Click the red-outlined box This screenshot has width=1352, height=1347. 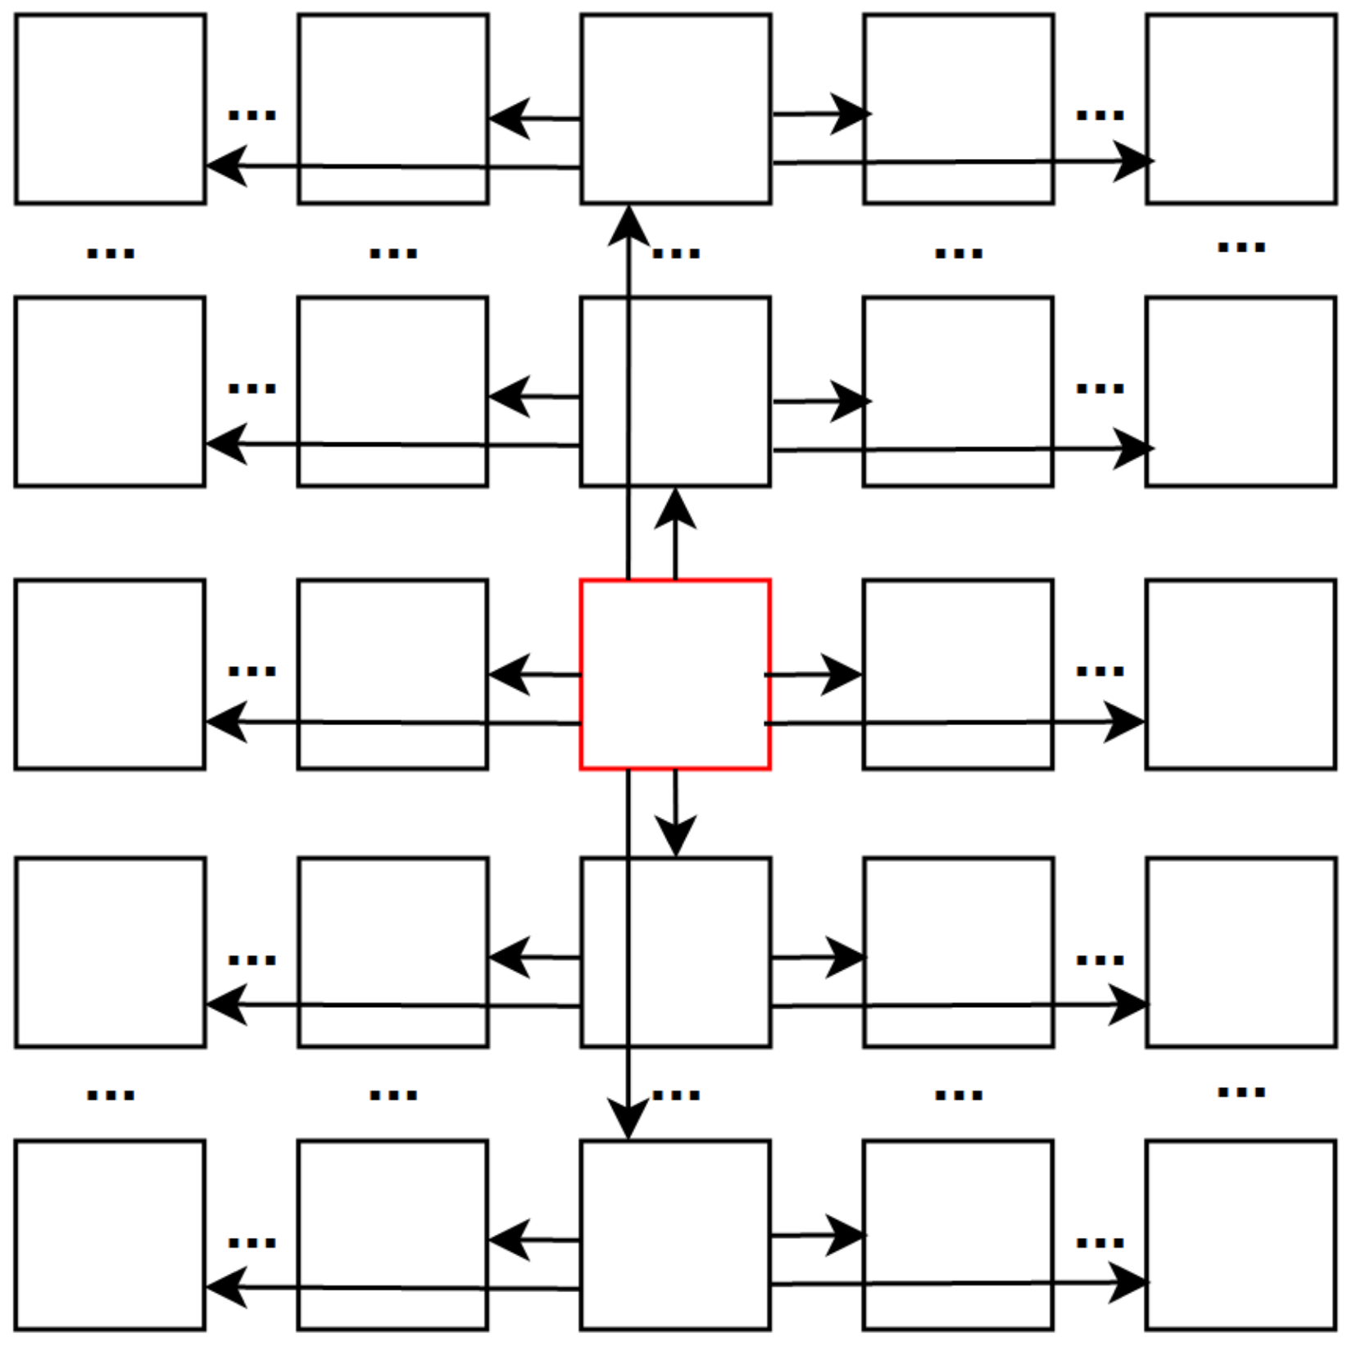(x=675, y=674)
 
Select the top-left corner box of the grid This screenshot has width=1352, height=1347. (x=111, y=108)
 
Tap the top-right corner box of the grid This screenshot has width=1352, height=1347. (x=1241, y=108)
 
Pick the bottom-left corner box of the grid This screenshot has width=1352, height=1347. (x=111, y=1235)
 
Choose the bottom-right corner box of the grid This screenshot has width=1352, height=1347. (x=1241, y=1235)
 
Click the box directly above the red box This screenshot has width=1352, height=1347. (x=675, y=392)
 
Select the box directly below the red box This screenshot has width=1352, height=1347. (x=675, y=952)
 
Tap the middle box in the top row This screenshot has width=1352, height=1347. (x=675, y=108)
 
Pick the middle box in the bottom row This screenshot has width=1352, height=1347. (x=675, y=1235)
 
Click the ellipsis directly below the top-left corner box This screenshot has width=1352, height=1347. (x=111, y=252)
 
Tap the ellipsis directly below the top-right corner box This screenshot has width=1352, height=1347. (x=1241, y=246)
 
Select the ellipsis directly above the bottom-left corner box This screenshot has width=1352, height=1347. (x=111, y=1095)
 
